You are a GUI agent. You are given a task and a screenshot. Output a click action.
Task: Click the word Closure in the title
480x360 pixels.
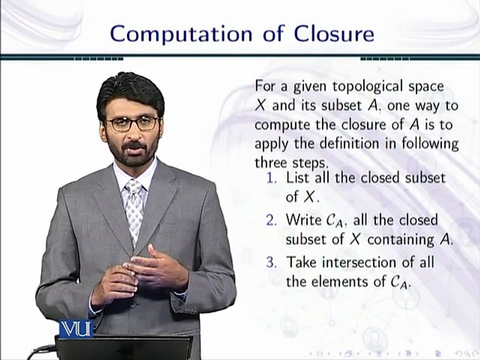[333, 33]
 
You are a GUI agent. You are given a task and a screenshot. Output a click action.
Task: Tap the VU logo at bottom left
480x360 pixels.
[75, 329]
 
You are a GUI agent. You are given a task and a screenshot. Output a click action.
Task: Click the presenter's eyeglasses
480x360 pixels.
[132, 123]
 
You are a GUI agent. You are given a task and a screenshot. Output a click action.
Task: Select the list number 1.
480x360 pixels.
[272, 177]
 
